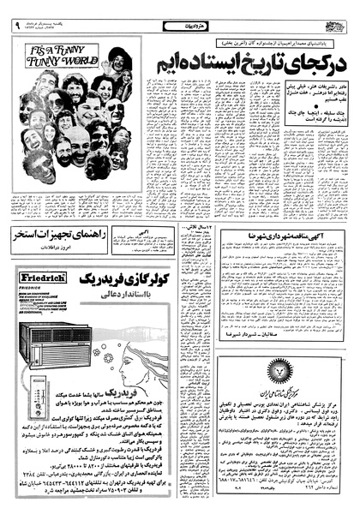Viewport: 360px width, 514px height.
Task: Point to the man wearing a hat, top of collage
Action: (117, 60)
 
